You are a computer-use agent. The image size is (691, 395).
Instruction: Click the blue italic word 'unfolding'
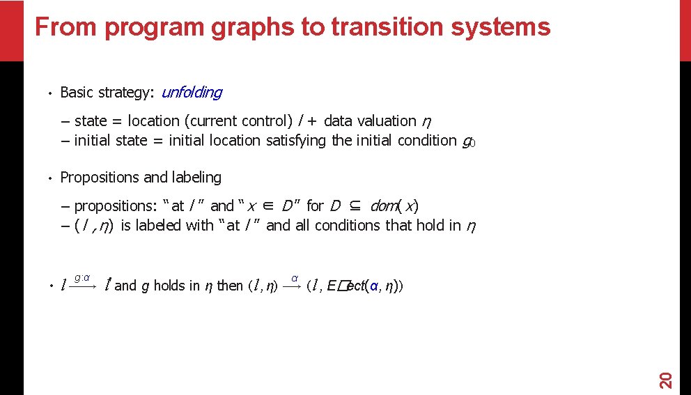pos(192,92)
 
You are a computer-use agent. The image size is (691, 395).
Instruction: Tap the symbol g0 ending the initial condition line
pos(469,141)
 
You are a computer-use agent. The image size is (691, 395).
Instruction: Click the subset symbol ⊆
pos(355,206)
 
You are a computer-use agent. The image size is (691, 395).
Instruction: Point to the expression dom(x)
pos(394,206)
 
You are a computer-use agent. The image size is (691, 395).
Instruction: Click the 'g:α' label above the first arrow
pos(82,278)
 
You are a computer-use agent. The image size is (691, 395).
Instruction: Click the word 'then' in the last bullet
pos(230,286)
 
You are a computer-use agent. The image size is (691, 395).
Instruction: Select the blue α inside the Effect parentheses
pos(374,286)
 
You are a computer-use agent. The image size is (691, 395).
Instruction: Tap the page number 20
pos(665,380)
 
